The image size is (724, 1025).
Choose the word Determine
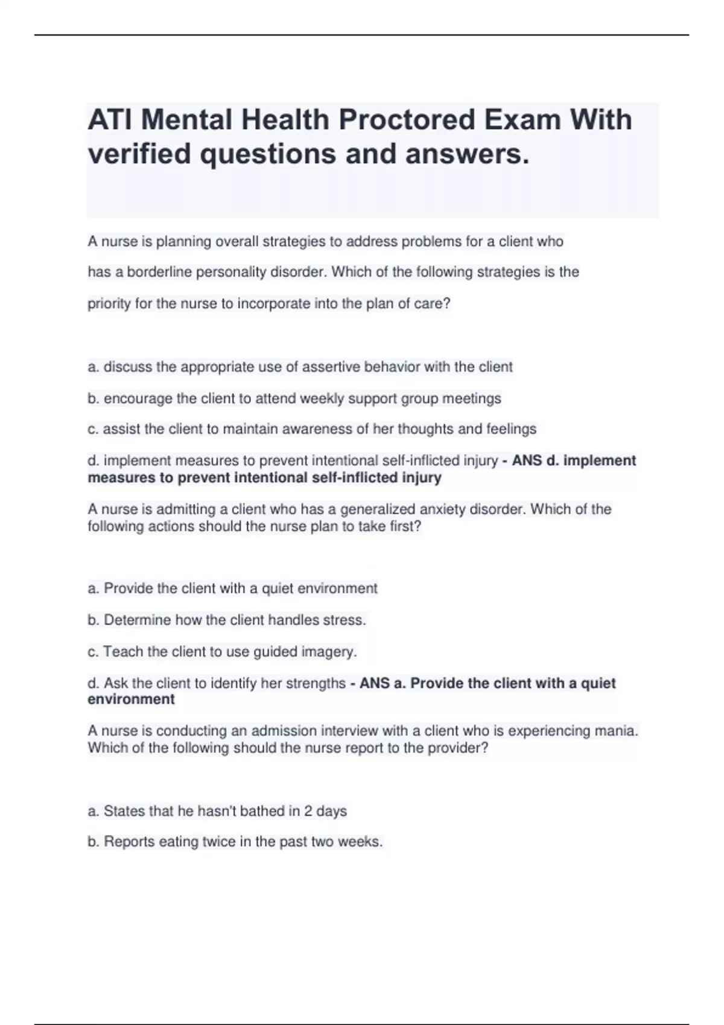click(x=137, y=620)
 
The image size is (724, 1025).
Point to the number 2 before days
click(x=308, y=811)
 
